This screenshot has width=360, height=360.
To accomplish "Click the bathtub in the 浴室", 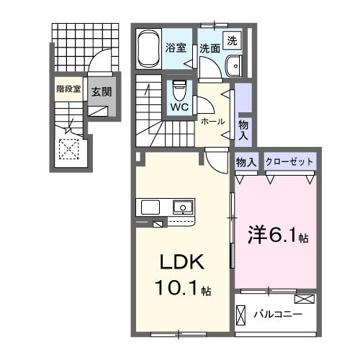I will pyautogui.click(x=148, y=48).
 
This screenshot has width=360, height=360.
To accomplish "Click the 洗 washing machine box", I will pyautogui.click(x=233, y=41).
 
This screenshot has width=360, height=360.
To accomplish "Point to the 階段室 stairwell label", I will pyautogui.click(x=69, y=91).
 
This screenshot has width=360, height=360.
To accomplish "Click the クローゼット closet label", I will pyautogui.click(x=289, y=161).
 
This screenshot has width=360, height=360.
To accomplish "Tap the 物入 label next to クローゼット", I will pyautogui.click(x=246, y=161).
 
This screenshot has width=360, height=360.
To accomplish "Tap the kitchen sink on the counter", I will pyautogui.click(x=184, y=208).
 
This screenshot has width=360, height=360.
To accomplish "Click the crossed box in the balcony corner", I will pyautogui.click(x=305, y=299).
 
